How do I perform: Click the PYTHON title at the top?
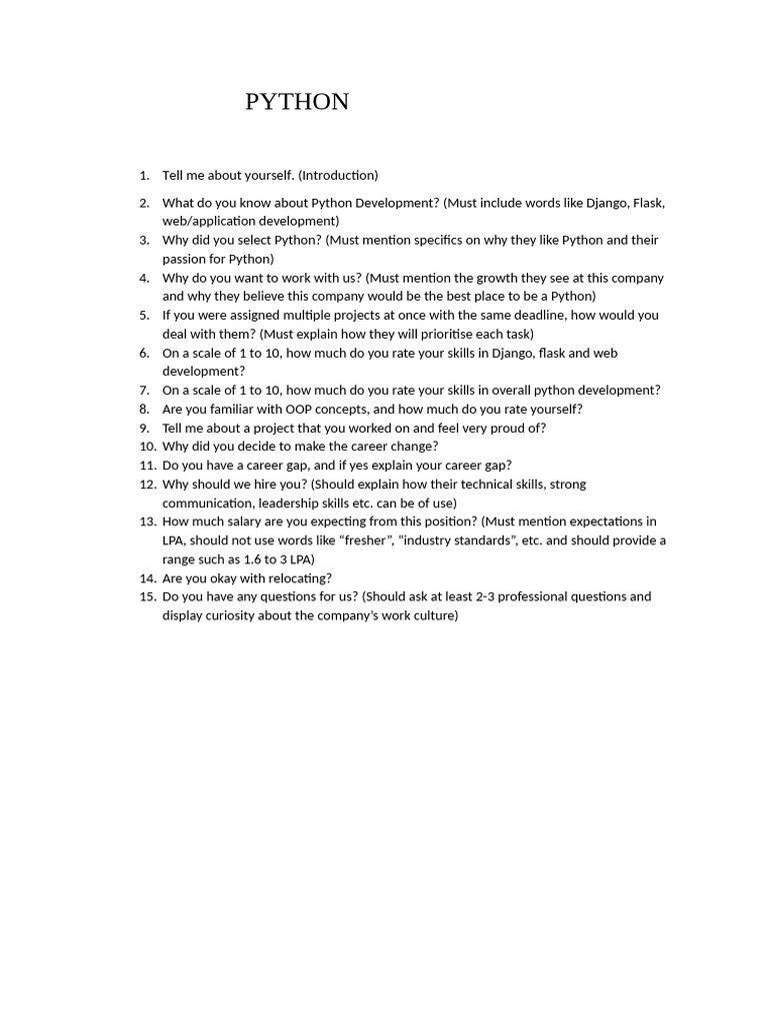[297, 102]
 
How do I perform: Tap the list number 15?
[147, 597]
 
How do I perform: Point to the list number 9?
[145, 429]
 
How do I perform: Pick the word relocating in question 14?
[297, 578]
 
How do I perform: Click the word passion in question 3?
[185, 260]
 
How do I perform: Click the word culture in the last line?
[431, 616]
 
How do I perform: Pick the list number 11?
[147, 466]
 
